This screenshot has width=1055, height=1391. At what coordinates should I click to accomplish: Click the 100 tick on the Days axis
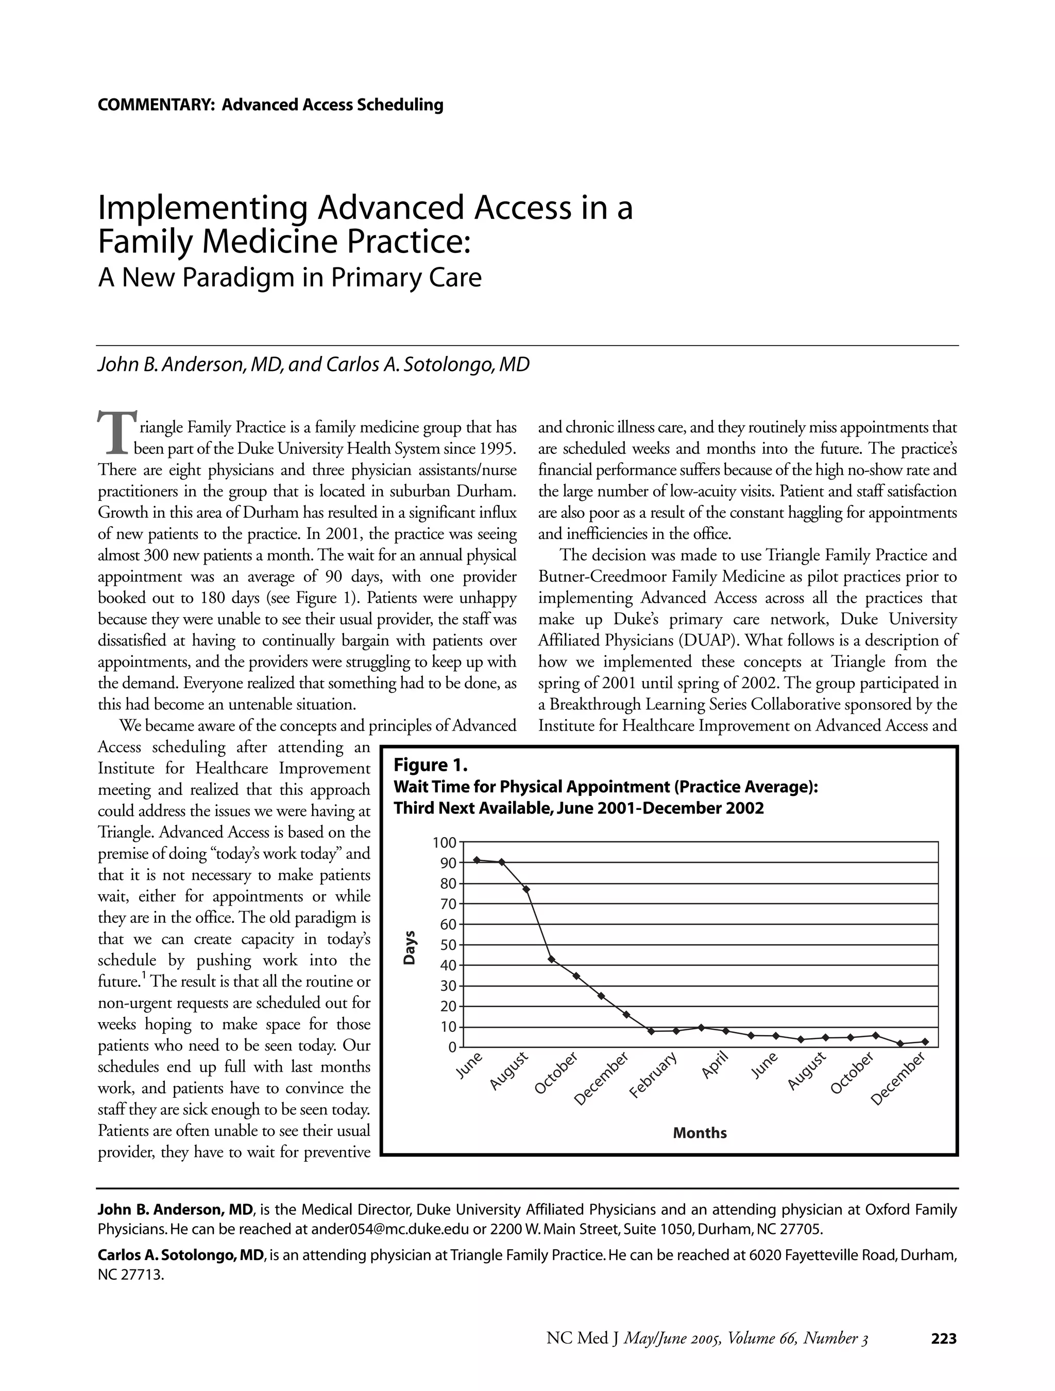445,842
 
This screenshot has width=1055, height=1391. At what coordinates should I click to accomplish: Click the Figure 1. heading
431,765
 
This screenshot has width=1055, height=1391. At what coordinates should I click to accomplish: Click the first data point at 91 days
477,860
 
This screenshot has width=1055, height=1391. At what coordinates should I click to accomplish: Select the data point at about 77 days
526,889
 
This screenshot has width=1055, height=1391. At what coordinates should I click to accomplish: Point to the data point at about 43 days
551,959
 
